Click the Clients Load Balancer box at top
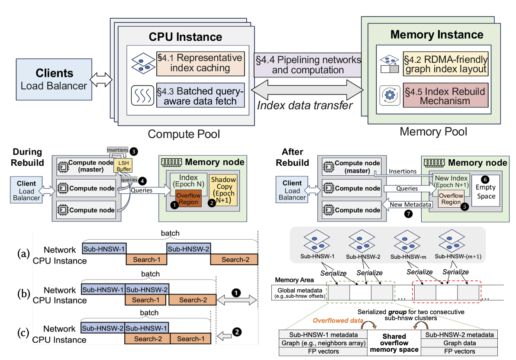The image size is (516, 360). (x=55, y=80)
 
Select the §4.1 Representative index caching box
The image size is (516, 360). (x=200, y=63)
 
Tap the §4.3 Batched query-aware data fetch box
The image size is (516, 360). (x=200, y=96)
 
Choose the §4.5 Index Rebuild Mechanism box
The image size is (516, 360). (x=445, y=95)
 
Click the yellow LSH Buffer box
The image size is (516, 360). (x=123, y=167)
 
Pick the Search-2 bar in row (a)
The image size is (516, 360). (x=234, y=260)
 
